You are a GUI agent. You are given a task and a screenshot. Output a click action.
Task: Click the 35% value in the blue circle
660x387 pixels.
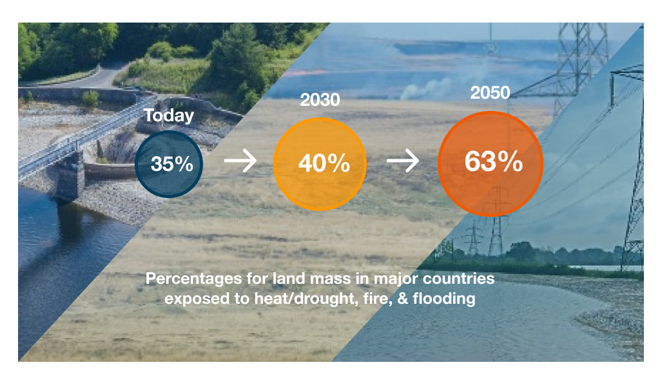point(171,164)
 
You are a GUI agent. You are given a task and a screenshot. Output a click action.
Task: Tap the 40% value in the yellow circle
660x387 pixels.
point(324,163)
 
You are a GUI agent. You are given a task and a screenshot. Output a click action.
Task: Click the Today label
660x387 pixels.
point(169,115)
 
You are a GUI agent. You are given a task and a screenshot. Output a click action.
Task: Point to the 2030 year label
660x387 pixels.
point(320,100)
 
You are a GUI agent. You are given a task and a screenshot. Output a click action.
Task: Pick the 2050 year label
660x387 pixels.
point(490,93)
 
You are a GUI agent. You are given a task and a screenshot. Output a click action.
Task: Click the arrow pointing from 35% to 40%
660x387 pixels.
point(240,161)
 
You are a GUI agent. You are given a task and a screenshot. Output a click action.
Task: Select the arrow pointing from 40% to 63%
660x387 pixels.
point(403,161)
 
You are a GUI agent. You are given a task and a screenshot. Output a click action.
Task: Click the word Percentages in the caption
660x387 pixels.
point(193,279)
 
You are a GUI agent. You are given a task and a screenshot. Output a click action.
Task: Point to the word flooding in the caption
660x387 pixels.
point(444,299)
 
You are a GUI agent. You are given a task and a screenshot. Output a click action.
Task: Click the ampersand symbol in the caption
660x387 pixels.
point(403,299)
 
